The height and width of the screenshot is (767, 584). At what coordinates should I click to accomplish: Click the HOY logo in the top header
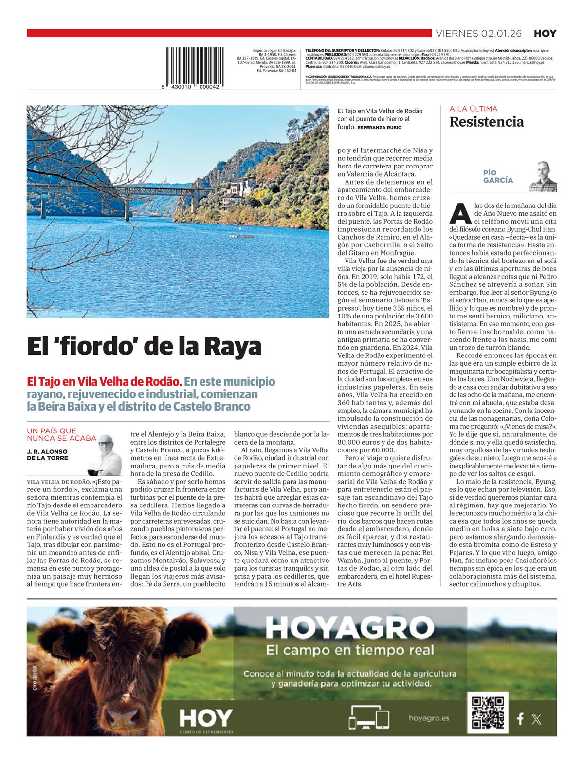point(545,34)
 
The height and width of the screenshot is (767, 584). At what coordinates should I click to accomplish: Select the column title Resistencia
point(486,122)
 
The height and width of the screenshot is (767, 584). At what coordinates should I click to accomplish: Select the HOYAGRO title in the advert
point(349,629)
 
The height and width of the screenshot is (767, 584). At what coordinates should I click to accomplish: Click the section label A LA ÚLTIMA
point(473,109)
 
